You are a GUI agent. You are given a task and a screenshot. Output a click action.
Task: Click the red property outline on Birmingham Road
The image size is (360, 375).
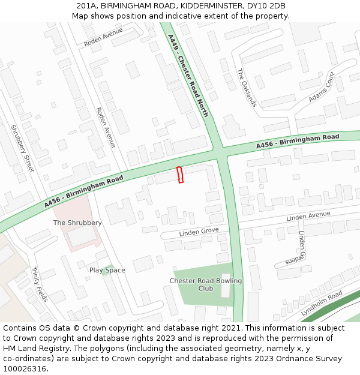coord(180,175)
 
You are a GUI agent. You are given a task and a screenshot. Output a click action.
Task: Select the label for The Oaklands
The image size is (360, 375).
coord(247,88)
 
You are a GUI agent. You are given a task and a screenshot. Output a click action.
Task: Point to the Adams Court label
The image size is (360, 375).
coord(322,87)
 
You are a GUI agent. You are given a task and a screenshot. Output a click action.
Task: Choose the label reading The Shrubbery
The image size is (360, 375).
coord(77,223)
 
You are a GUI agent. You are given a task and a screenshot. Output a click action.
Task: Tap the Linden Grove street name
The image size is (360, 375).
coord(199,232)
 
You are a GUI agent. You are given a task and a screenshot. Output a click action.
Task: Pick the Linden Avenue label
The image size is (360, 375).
coord(308,215)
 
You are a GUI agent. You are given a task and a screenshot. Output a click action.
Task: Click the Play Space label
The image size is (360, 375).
coord(107,270)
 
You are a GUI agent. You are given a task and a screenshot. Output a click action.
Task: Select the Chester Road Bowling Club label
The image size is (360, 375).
coord(206,284)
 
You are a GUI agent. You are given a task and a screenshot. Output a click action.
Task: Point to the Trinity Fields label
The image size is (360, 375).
coord(39,284)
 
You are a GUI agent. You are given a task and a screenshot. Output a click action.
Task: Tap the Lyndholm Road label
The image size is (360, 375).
coord(322,303)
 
